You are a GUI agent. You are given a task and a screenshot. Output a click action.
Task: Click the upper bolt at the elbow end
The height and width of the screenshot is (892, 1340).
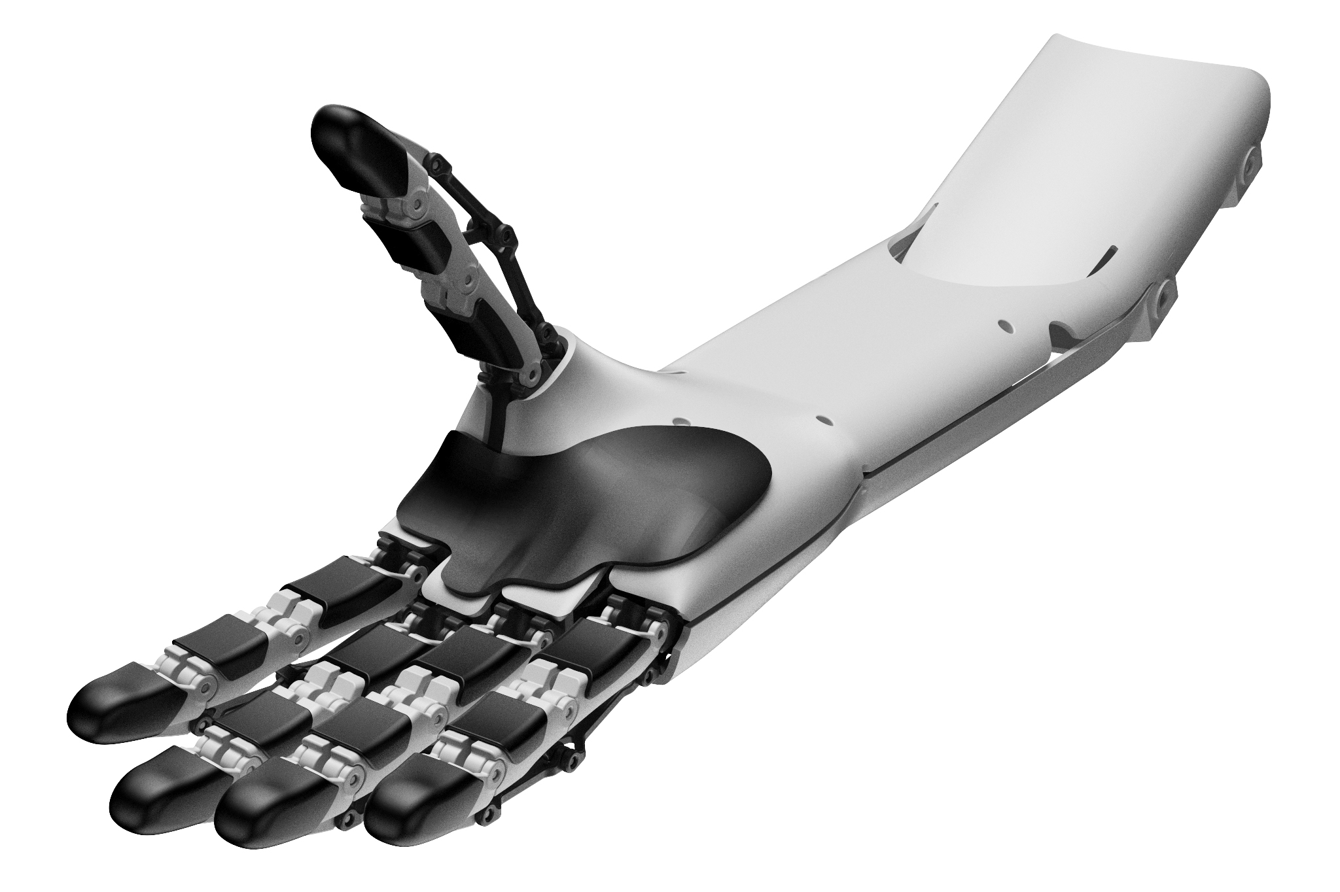coord(1251,160)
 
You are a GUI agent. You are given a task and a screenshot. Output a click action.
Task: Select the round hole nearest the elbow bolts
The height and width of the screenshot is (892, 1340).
coord(1001,323)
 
